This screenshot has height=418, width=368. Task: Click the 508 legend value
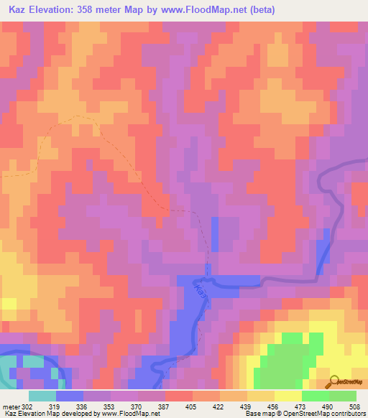[x=358, y=406]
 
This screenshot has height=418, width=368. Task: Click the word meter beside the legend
[x=11, y=406]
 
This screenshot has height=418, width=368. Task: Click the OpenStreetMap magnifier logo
[x=333, y=381]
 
